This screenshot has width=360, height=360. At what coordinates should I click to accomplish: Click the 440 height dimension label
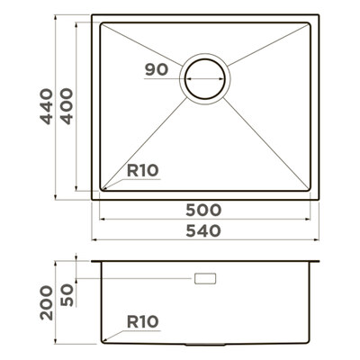[x=47, y=106]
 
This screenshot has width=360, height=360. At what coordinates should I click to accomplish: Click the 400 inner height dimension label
[x=67, y=106]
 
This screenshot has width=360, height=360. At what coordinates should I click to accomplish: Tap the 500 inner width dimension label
[x=203, y=210]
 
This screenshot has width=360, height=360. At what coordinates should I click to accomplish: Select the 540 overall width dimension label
[x=203, y=231]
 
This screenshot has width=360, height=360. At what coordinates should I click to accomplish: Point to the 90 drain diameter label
[x=157, y=69]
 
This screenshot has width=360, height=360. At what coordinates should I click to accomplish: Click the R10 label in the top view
[x=142, y=171]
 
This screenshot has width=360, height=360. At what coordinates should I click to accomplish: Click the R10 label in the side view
[x=142, y=322]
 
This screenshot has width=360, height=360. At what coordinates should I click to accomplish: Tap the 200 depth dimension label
[x=47, y=302]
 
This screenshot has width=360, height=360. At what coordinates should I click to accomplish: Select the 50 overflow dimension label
[x=67, y=295]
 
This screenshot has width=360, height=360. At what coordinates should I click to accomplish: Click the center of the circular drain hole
[x=205, y=79]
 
